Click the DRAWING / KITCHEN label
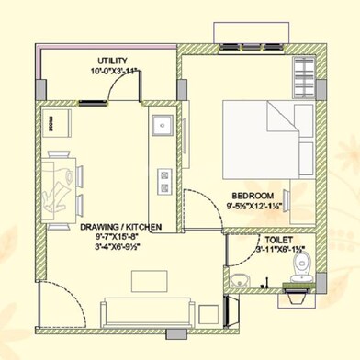(121, 225)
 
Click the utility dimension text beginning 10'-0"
(114, 70)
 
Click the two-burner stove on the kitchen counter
(163, 179)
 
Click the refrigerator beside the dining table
(57, 123)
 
